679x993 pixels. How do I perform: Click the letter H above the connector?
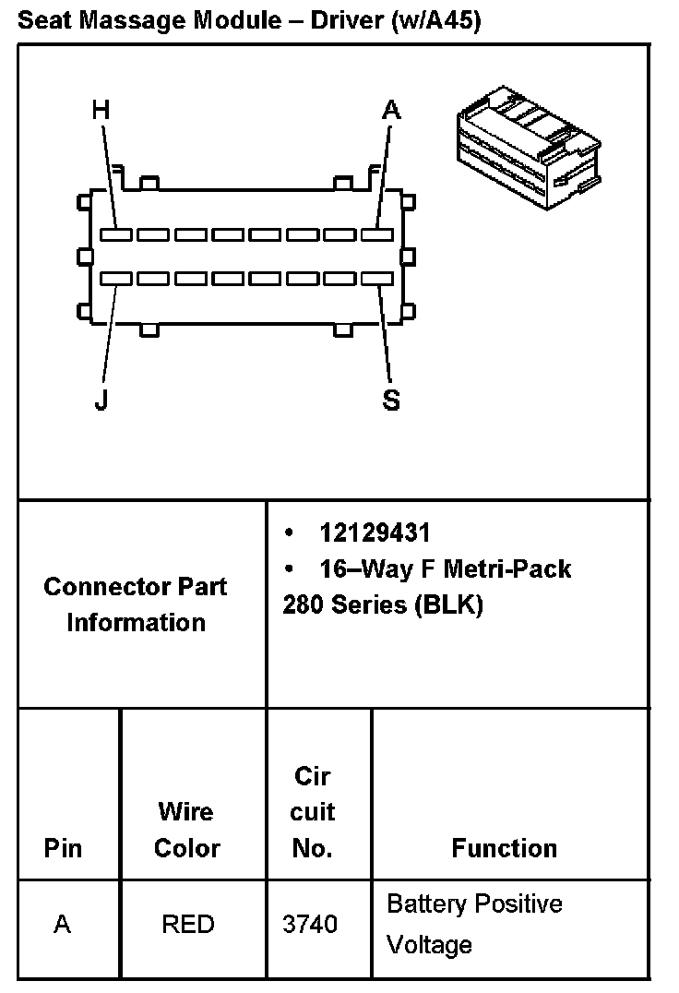tap(101, 111)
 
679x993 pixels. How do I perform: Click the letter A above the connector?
tap(392, 111)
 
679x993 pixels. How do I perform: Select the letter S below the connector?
tap(391, 401)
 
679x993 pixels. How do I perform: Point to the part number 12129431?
tap(375, 532)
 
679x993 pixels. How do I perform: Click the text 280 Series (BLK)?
tap(383, 605)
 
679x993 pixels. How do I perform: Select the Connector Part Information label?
tap(136, 604)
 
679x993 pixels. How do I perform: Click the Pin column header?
tap(63, 848)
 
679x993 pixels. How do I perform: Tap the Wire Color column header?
tap(187, 830)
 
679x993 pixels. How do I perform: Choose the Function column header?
tap(505, 848)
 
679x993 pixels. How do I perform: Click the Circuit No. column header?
tap(312, 812)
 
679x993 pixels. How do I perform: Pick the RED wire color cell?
tap(188, 924)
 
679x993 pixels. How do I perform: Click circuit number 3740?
tap(312, 924)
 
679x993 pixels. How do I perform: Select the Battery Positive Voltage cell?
tap(474, 924)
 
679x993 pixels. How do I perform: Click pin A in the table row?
tap(63, 924)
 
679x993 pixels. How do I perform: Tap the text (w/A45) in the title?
tap(435, 21)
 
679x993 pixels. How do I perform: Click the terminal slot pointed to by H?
tap(116, 234)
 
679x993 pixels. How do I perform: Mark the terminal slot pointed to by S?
tap(376, 278)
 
